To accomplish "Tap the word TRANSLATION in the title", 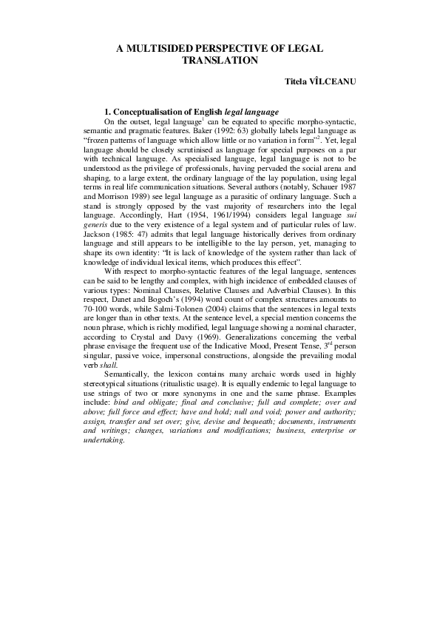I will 220,59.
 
